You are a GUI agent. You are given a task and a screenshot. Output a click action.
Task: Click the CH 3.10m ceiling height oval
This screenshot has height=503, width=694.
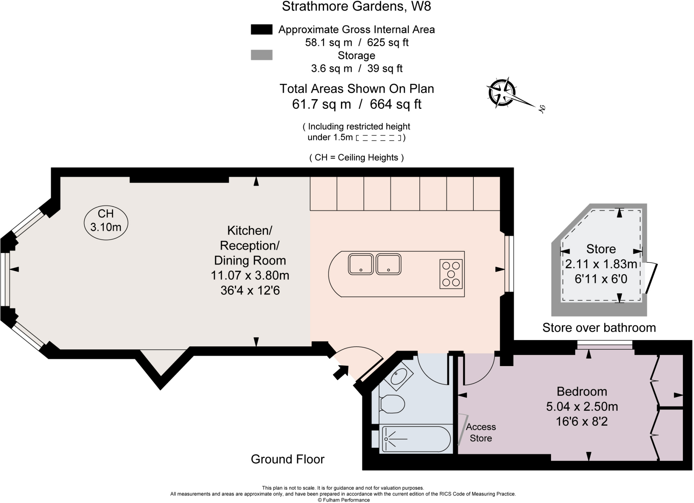click(106, 223)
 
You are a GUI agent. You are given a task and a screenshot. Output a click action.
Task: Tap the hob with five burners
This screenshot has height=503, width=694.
click(451, 274)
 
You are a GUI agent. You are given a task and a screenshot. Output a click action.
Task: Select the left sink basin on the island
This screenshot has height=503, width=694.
click(361, 264)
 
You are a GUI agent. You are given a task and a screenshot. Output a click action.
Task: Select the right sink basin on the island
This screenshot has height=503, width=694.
click(389, 264)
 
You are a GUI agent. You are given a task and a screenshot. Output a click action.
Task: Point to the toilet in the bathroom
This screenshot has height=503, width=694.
click(392, 404)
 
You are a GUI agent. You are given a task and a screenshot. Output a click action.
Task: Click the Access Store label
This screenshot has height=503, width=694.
click(481, 432)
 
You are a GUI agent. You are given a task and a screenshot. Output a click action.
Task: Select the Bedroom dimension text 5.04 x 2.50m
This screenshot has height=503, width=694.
click(582, 406)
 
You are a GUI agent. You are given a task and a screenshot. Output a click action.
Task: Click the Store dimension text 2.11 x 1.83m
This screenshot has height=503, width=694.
click(601, 264)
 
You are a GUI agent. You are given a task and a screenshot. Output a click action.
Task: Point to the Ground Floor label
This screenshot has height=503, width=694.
click(287, 459)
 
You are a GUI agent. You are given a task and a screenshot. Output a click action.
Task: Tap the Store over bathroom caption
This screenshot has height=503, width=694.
click(599, 328)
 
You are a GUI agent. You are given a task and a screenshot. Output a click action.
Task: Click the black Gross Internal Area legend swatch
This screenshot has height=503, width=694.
click(261, 29)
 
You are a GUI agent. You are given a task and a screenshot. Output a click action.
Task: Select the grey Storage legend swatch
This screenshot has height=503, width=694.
click(261, 55)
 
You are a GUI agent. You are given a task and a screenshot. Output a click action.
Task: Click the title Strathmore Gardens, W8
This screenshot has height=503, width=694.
click(356, 6)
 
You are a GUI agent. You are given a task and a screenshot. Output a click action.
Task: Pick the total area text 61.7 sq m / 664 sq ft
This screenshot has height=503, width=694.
click(356, 104)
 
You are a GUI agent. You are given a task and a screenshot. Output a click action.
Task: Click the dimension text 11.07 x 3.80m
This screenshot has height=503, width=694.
click(250, 275)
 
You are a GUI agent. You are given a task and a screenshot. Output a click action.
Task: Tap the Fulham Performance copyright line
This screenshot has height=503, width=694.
click(344, 500)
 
